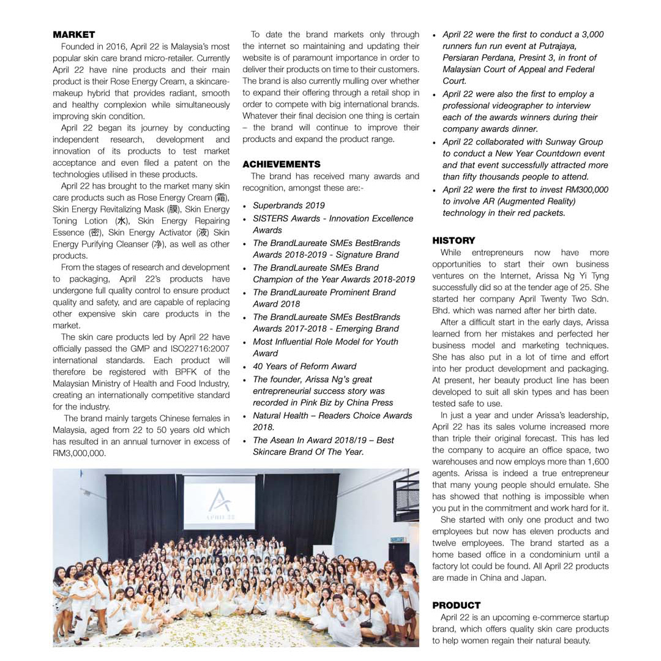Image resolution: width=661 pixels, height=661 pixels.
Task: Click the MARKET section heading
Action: (x=73, y=34)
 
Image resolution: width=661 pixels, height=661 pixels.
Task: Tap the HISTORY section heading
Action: (x=454, y=241)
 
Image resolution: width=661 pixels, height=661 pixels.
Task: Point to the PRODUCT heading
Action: (x=456, y=605)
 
